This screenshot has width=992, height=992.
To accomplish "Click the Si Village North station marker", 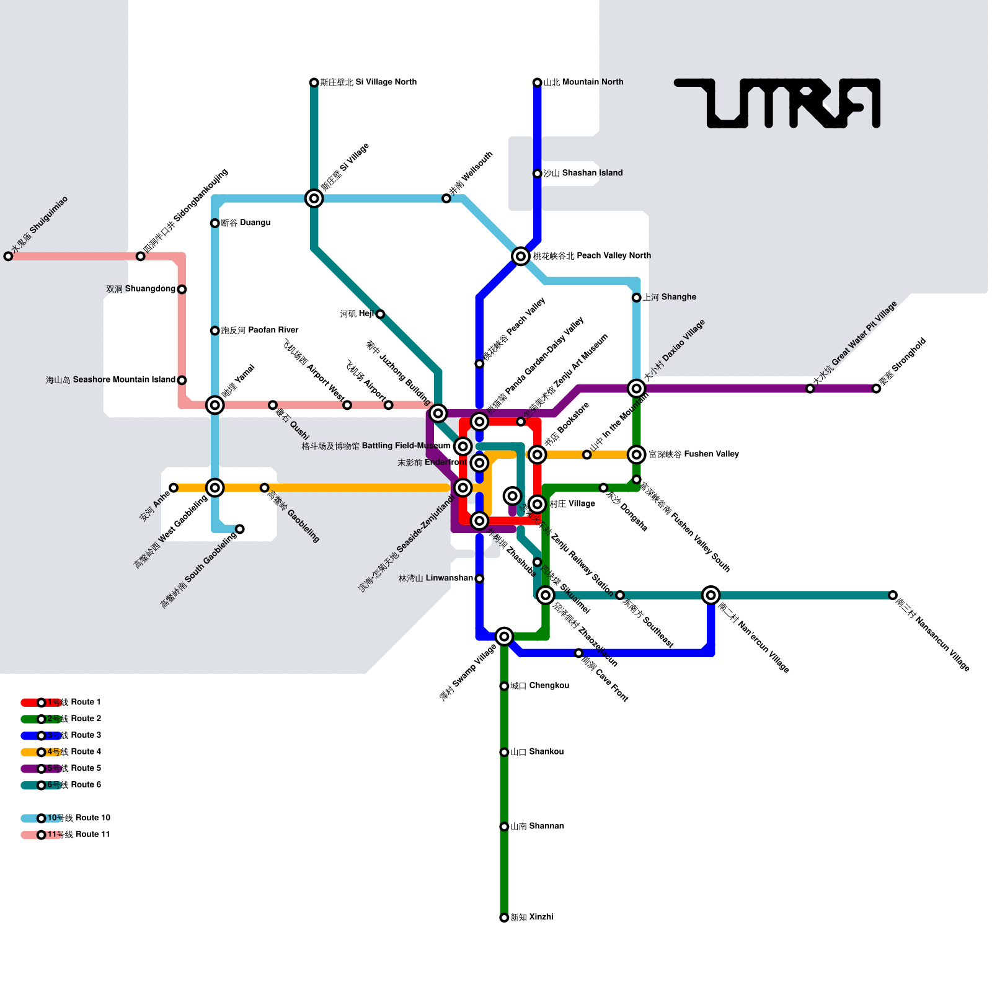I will (314, 82).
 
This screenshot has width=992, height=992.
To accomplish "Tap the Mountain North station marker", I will (538, 82).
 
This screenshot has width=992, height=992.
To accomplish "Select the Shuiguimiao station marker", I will (8, 256).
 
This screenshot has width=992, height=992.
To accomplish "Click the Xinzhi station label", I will (531, 917).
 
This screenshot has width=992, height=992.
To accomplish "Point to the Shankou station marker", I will (504, 752).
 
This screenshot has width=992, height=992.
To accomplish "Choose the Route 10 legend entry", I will (65, 818).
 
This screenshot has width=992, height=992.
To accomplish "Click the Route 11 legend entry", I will (65, 835).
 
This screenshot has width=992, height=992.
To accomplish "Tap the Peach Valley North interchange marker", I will (521, 256).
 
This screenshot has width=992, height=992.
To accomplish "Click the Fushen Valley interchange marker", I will (637, 454).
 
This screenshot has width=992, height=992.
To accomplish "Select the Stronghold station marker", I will (876, 389).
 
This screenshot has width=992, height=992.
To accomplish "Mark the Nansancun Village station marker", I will (893, 595).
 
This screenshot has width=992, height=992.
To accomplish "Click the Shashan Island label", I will (583, 173).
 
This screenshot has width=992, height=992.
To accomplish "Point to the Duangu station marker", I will (215, 223).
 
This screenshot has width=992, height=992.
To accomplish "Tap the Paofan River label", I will (260, 330).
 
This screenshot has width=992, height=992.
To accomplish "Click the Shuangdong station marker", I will (182, 290).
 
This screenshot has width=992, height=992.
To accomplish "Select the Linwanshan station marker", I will (479, 578).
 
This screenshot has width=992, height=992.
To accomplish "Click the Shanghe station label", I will (669, 297).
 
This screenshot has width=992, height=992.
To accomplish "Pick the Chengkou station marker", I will (504, 686).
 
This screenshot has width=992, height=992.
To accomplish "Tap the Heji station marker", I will (380, 314).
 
